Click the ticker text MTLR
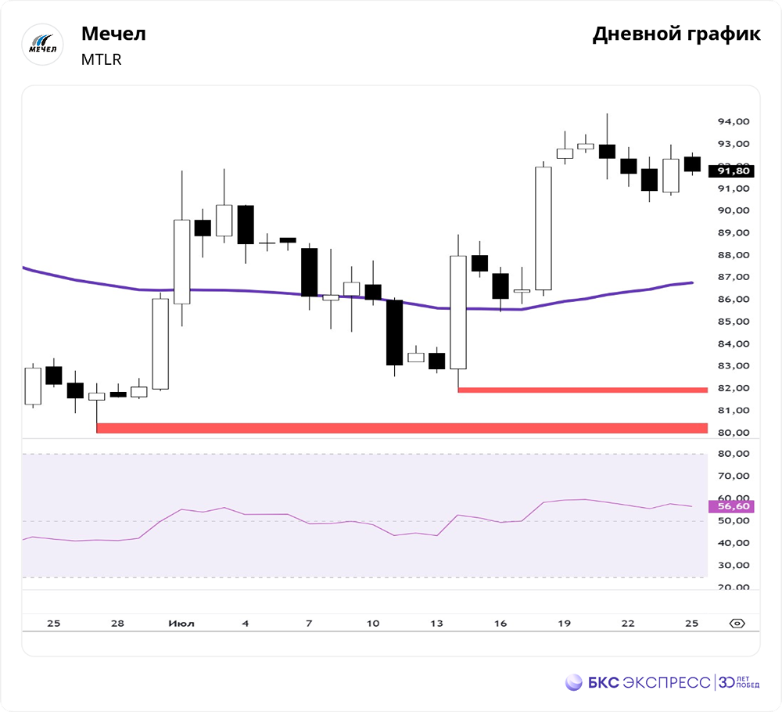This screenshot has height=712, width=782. tap(102, 59)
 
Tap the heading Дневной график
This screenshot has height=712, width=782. tap(676, 34)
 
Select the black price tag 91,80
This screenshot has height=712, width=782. tap(732, 171)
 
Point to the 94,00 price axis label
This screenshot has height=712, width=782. tap(734, 121)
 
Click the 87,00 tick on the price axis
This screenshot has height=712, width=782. tap(734, 277)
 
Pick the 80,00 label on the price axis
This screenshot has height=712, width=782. tap(734, 433)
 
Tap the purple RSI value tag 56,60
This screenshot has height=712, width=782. tap(732, 506)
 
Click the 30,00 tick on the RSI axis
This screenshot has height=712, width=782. tap(734, 565)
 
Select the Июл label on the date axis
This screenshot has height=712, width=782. tap(181, 624)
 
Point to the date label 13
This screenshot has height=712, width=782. tap(436, 624)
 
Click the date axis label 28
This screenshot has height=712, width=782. tap(117, 624)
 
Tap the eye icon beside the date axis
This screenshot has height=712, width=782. tap(737, 624)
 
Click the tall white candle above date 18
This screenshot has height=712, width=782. tap(543, 228)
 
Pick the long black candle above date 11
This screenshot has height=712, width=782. tap(394, 333)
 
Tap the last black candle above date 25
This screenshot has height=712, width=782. tap(692, 164)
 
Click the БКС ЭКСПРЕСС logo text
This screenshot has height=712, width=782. tap(649, 682)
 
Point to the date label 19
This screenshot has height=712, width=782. tap(564, 624)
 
